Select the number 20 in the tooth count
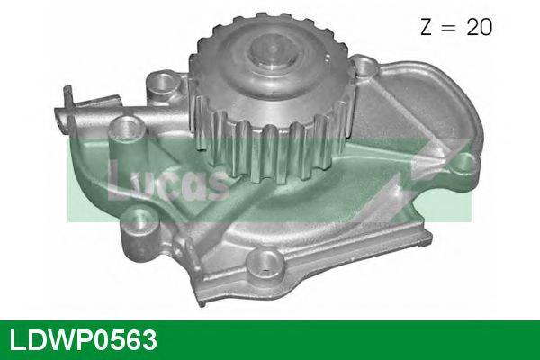[478, 29]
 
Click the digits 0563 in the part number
[124, 340]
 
